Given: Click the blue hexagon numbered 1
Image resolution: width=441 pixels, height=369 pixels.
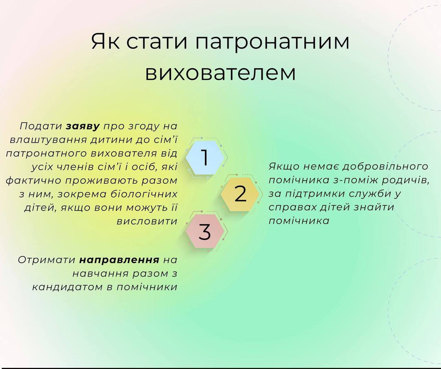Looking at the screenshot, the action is pos(205,158).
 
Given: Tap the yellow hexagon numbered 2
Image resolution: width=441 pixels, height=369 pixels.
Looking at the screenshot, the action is pos(240,194).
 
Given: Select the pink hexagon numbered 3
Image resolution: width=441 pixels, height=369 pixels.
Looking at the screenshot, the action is pos(205,231).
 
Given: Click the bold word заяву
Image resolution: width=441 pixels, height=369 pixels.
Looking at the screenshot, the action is pos(83,127).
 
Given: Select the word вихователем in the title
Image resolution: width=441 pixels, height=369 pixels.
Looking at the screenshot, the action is pos(220,73).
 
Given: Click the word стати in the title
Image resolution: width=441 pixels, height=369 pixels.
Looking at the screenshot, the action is pos(157,41).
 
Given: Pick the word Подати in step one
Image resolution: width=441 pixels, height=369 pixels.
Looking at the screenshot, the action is pos(41,127).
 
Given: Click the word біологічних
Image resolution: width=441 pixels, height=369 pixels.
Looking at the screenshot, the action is pos(144,194).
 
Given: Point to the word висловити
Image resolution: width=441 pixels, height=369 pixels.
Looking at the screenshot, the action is pos(147,221).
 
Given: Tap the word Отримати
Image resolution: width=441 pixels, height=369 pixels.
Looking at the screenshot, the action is pos(47,260).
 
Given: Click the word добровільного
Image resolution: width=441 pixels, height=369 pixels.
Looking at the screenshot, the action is pos(385,166).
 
